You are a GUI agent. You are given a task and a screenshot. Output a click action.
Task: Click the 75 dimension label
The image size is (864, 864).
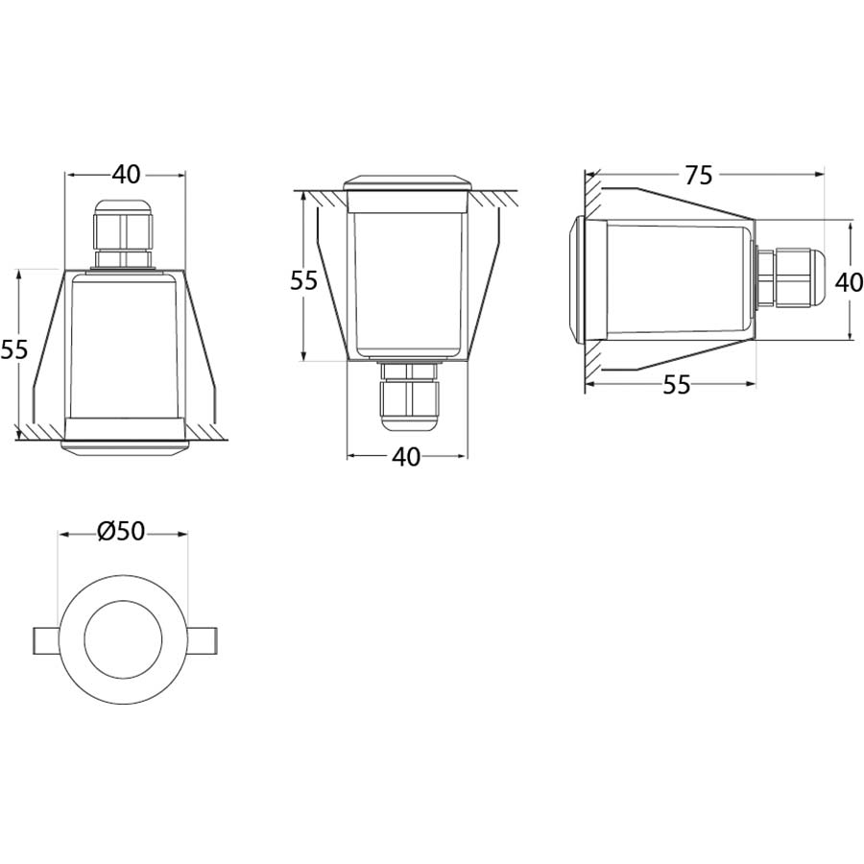pyautogui.click(x=699, y=175)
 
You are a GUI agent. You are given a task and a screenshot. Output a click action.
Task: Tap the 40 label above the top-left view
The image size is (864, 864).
pyautogui.click(x=126, y=175)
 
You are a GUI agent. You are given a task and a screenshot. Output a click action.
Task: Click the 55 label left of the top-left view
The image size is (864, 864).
pyautogui.click(x=13, y=349)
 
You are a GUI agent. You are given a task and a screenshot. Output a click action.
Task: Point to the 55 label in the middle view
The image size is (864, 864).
pyautogui.click(x=303, y=280)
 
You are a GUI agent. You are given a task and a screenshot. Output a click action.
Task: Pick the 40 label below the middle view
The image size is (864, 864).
pyautogui.click(x=406, y=458)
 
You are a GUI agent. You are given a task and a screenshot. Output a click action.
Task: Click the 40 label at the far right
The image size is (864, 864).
pyautogui.click(x=848, y=282)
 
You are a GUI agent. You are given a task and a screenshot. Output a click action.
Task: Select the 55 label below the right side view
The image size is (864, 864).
pyautogui.click(x=677, y=385)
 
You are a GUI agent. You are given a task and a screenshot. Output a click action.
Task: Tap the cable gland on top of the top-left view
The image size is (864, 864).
pyautogui.click(x=122, y=233)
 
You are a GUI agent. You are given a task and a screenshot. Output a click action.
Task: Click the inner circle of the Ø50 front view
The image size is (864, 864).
pyautogui.click(x=122, y=638)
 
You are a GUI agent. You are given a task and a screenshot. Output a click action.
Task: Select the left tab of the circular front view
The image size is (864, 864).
pyautogui.click(x=47, y=638)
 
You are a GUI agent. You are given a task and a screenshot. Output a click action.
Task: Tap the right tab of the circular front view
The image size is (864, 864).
pyautogui.click(x=201, y=638)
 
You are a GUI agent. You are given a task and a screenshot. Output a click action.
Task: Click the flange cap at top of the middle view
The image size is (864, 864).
pyautogui.click(x=407, y=182)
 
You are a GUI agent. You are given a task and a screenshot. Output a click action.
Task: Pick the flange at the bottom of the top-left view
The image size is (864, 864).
pyautogui.click(x=123, y=444)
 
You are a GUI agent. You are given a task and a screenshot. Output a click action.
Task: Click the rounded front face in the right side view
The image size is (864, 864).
pyautogui.click(x=579, y=278)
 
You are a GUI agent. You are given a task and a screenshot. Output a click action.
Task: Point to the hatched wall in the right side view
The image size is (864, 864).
pyautogui.click(x=592, y=278)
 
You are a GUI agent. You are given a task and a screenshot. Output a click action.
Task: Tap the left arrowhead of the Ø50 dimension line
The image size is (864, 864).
pyautogui.click(x=64, y=533)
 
